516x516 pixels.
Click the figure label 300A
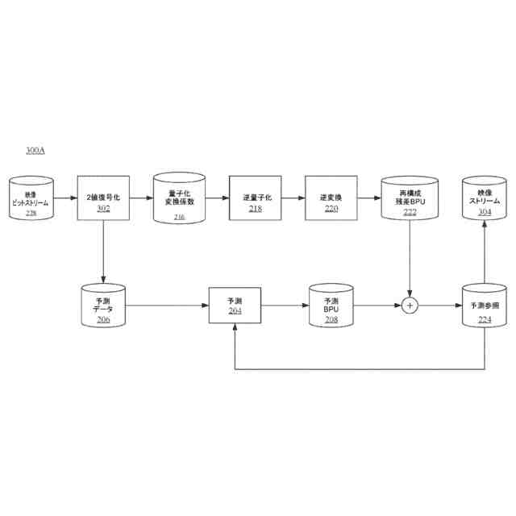click(35, 150)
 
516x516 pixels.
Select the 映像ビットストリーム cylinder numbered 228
click(31, 198)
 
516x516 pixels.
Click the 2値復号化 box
click(103, 198)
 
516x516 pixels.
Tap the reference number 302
click(103, 208)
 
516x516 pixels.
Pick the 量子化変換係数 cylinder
click(179, 198)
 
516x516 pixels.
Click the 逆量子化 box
click(255, 198)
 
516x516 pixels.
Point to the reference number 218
click(255, 208)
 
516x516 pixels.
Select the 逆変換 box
click(331, 198)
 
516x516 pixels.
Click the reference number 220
click(331, 208)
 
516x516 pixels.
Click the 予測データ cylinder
click(103, 306)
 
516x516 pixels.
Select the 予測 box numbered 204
click(235, 306)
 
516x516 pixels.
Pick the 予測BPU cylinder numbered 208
click(331, 306)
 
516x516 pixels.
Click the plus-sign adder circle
click(410, 306)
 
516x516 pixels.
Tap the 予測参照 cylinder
click(485, 306)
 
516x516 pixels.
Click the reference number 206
click(103, 320)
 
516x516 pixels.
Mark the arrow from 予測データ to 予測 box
click(166, 306)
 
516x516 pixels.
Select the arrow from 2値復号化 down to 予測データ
click(103, 250)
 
